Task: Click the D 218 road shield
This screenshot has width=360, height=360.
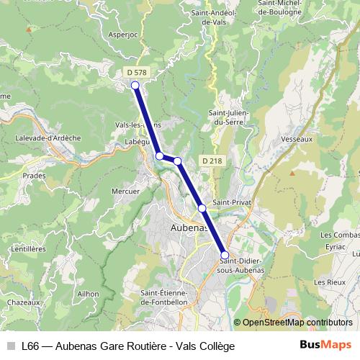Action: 212,161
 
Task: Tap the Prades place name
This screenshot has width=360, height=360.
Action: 34,175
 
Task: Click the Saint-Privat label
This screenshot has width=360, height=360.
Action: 231,203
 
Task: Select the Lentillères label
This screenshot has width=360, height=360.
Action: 28,248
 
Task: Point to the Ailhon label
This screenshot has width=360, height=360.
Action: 88,294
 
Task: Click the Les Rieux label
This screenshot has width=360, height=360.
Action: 330,282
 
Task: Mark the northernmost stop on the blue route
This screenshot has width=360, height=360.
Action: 135,85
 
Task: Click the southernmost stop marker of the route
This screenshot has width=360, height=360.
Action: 225,255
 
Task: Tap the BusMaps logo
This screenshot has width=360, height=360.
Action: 326,345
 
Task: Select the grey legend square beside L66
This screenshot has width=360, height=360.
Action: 10,346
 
